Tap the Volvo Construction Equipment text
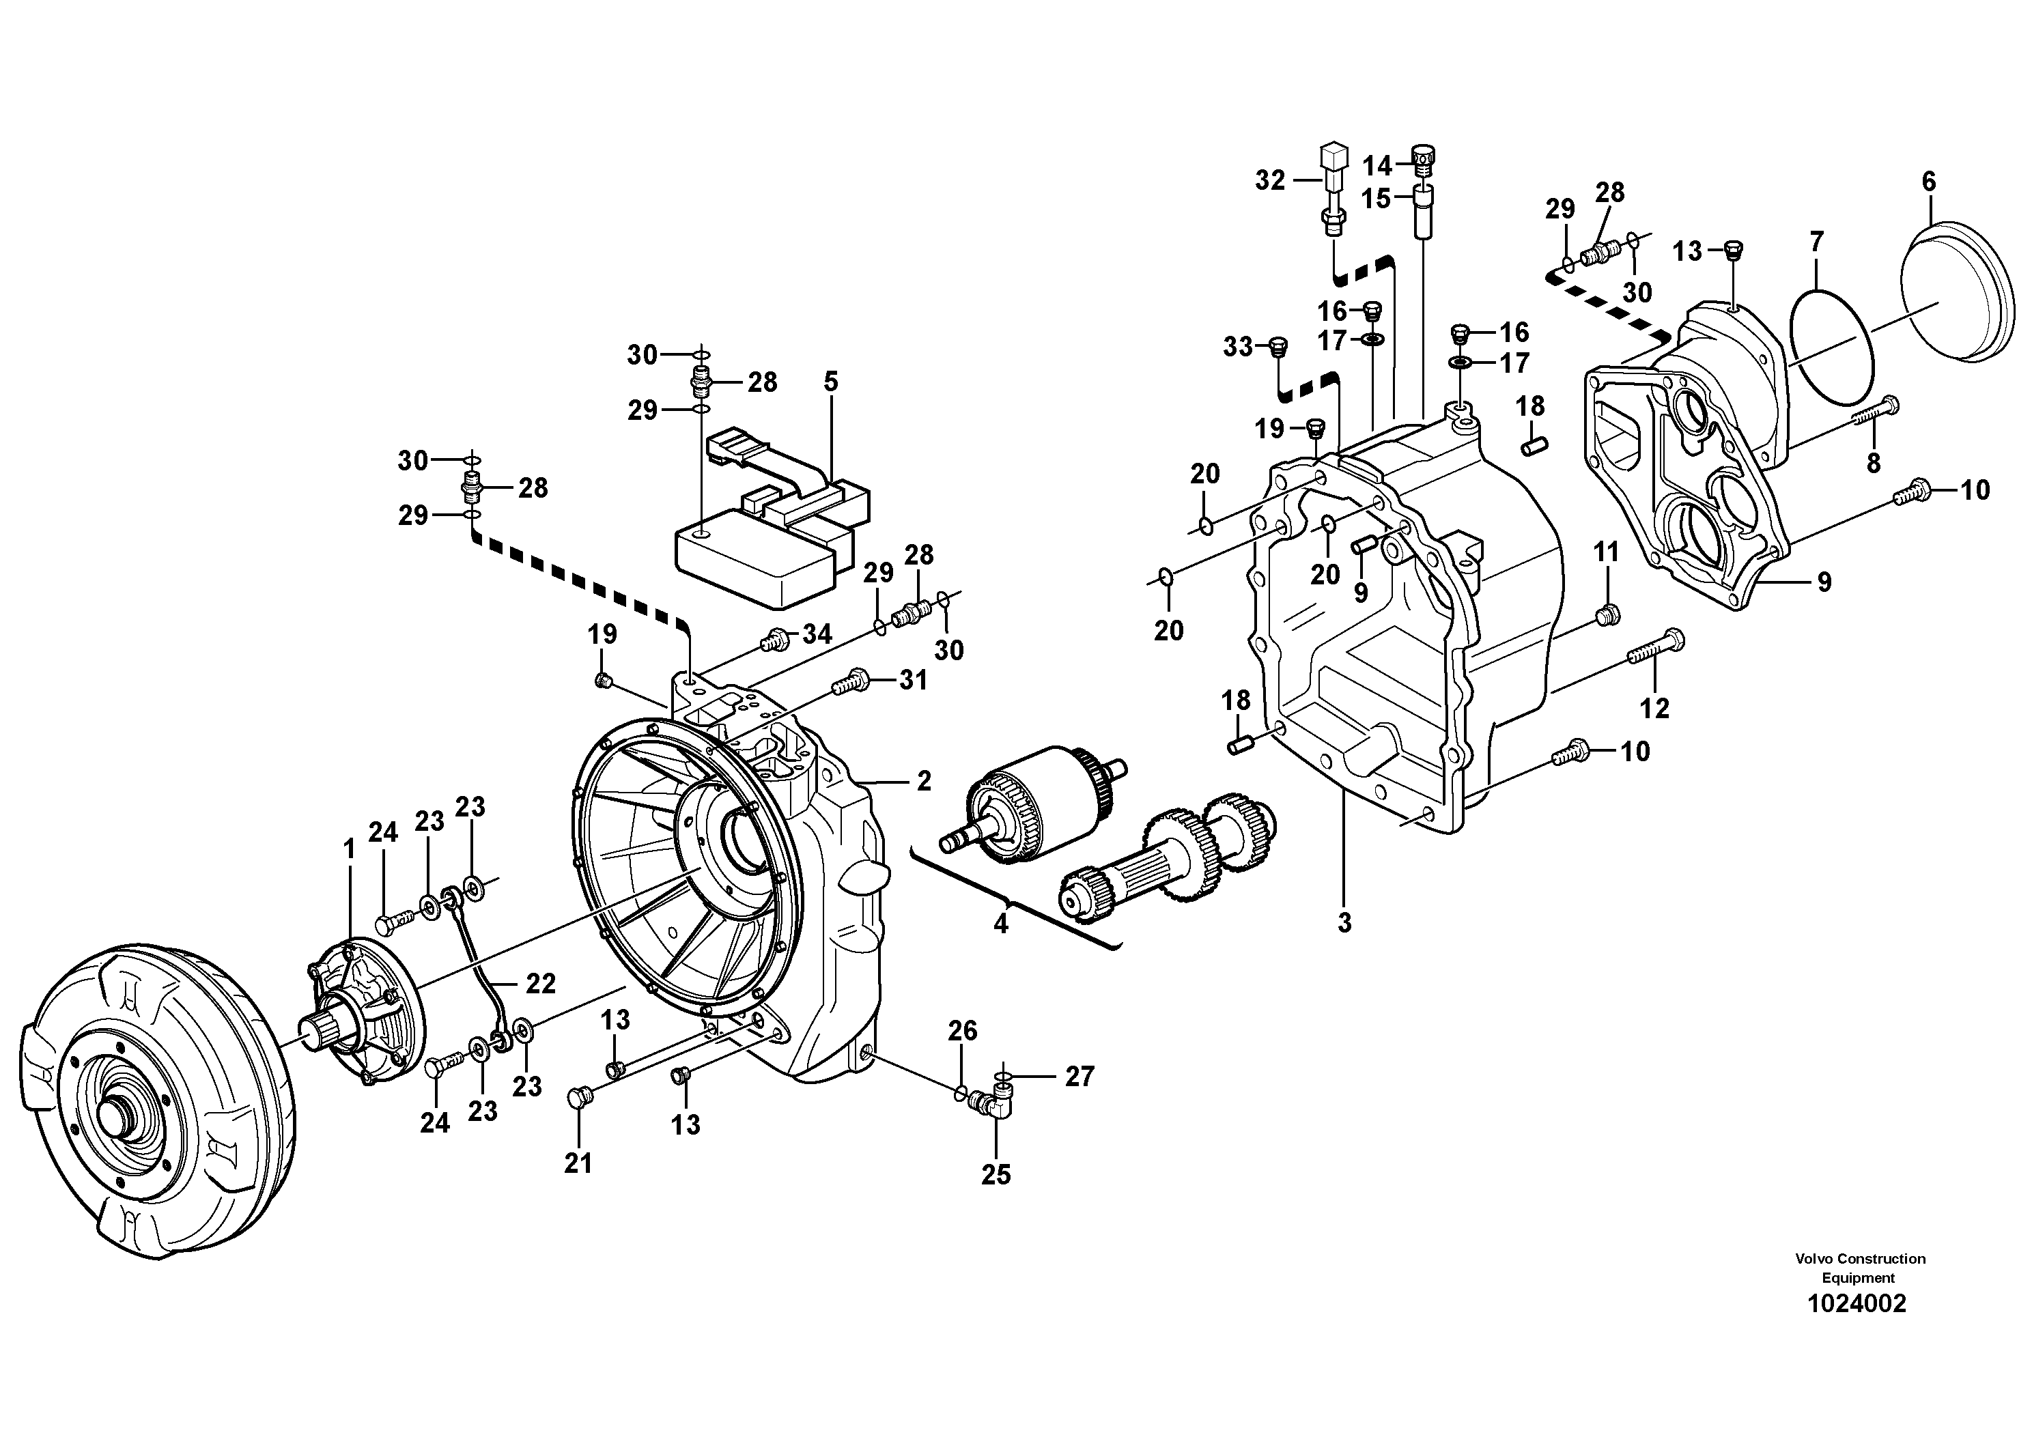click(x=1859, y=1268)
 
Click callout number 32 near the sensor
click(x=1270, y=180)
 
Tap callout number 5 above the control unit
click(x=830, y=382)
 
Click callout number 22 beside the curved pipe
click(x=541, y=983)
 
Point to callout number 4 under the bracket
click(x=1001, y=924)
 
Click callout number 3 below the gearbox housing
click(x=1344, y=923)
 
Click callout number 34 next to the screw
click(x=817, y=634)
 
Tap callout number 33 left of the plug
click(x=1238, y=347)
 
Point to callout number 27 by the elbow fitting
click(x=1079, y=1076)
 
